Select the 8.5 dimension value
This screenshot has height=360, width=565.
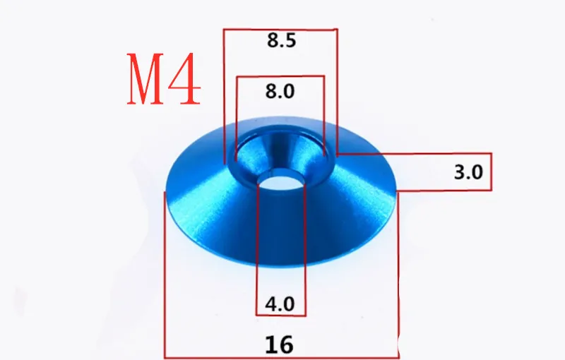(x=281, y=40)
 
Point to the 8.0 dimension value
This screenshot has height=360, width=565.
(x=280, y=90)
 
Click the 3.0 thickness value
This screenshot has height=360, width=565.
(x=468, y=172)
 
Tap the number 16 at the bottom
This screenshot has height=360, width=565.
(x=280, y=344)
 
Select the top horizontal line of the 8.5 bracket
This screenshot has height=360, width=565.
(x=280, y=29)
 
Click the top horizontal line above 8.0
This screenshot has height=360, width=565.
(x=281, y=77)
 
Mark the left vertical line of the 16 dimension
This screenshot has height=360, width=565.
(x=165, y=282)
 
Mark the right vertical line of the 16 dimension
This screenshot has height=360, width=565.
(x=398, y=282)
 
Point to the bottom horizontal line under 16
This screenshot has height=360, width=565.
(x=281, y=357)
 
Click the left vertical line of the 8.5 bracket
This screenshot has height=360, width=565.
(x=224, y=92)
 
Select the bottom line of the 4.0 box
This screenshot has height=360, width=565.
(x=280, y=315)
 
